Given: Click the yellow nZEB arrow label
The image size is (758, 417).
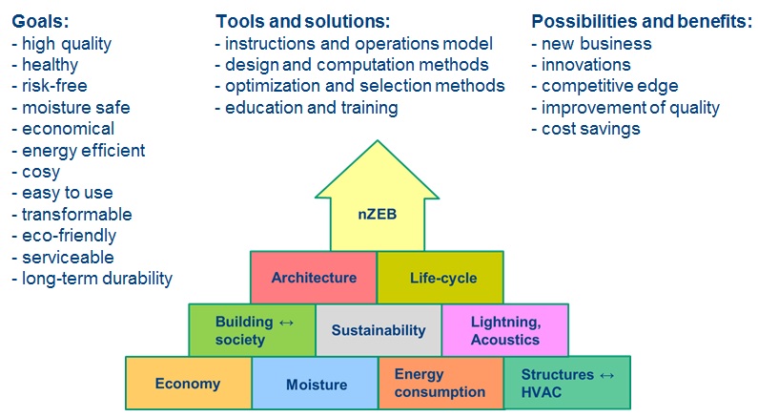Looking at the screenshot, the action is click(377, 214).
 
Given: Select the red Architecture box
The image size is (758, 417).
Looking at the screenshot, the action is click(314, 277).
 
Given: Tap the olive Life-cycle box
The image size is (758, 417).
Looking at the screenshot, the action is click(440, 277).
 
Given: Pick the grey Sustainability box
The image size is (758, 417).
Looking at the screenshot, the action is click(379, 330).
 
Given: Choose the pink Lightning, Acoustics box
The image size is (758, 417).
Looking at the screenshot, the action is click(505, 330).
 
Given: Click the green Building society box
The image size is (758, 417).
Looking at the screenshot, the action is click(252, 330).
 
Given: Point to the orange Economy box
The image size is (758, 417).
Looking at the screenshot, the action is click(189, 384).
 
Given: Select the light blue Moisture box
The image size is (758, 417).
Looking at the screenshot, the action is click(316, 384).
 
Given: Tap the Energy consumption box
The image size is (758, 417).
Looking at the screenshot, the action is click(441, 384).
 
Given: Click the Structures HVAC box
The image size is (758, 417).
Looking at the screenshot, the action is click(567, 384).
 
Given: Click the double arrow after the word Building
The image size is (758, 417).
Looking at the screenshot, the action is click(286, 323).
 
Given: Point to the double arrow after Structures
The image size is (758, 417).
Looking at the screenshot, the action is click(606, 375).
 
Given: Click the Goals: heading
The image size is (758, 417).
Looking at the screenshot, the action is click(40, 21).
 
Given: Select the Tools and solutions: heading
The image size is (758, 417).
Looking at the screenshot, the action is click(302, 21).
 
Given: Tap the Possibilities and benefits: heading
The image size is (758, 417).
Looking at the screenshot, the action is click(642, 21).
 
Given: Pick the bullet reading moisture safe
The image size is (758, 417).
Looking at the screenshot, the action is click(72, 108).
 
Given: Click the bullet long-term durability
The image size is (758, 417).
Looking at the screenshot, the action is click(92, 279).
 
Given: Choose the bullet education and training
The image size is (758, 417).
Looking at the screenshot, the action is click(306, 108).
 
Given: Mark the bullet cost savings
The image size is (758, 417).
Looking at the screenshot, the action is click(586, 129).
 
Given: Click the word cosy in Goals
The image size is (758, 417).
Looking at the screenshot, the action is click(41, 172).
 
